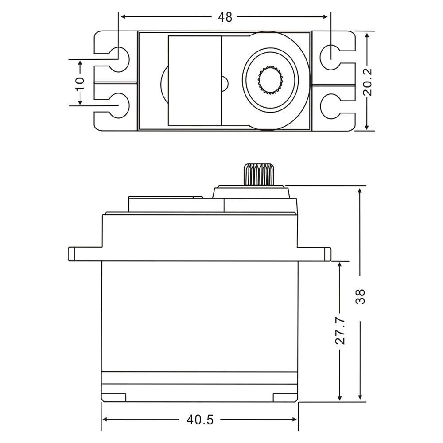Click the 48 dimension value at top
225,17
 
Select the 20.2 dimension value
367,82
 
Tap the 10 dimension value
80,82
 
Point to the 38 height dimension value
361,296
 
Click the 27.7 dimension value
340,330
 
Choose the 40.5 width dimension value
200,420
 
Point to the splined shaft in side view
259,175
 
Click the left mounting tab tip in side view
71,254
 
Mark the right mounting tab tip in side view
328,254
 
